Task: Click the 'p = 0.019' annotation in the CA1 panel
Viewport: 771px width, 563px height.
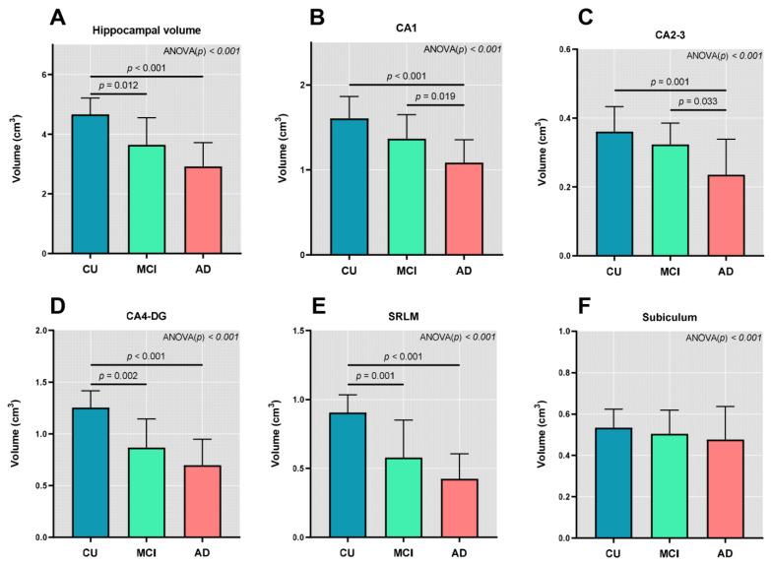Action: click(x=434, y=95)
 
